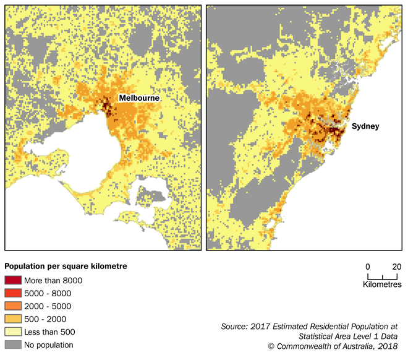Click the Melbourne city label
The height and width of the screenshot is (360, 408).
tap(140, 98)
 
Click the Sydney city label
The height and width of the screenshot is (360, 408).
tap(365, 126)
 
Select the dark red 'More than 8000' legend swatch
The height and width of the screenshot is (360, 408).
tap(13, 280)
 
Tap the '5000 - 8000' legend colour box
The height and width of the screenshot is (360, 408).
tap(13, 293)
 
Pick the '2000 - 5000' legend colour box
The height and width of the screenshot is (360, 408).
tap(13, 306)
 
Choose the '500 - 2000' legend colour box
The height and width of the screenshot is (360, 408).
tap(13, 319)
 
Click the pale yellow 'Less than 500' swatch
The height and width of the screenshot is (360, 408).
tap(13, 332)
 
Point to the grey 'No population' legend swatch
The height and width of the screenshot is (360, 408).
tap(13, 345)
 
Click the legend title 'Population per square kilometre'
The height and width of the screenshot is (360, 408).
tap(66, 267)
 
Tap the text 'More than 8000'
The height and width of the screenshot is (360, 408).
tap(53, 280)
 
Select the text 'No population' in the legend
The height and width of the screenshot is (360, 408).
tap(49, 345)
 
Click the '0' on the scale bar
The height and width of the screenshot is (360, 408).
tap(368, 267)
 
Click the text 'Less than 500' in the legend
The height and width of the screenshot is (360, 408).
tap(49, 332)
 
